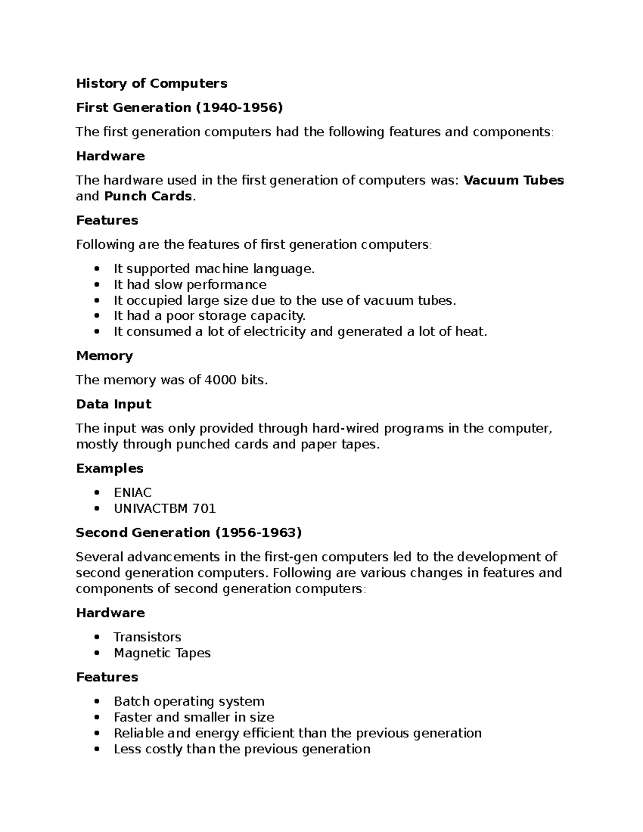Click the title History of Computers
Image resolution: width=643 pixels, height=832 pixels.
pos(151,83)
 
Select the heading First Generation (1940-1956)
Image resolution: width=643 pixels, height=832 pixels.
pos(179,107)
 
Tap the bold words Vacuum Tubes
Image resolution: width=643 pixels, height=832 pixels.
pos(513,180)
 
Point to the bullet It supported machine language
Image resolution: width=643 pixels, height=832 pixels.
pos(214,268)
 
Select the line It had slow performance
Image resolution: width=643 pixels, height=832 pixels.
pos(190,284)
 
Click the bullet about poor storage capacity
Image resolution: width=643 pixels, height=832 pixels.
pos(209,316)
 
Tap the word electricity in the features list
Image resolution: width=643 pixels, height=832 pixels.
pos(275,332)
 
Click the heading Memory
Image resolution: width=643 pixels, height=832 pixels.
pos(104,356)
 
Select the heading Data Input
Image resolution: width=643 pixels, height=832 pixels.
pos(114,404)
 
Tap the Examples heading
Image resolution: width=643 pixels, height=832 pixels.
pos(110,468)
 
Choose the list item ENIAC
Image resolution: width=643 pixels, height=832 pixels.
pos(132,492)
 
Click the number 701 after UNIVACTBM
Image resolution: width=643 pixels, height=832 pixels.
pos(204,508)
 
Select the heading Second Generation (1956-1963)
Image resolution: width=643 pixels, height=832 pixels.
pos(189,533)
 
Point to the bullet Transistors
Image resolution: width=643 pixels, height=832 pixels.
pos(147,637)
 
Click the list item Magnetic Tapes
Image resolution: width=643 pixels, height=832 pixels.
pos(162,653)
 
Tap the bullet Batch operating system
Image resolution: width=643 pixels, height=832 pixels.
pos(189,701)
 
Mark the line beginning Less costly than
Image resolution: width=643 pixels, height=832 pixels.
pos(242,749)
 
